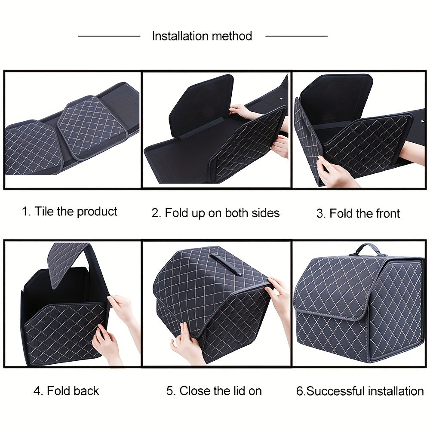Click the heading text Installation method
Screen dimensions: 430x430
pos(202,36)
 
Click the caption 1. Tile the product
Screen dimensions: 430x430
pos(69,212)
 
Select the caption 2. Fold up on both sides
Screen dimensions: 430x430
pos(215,213)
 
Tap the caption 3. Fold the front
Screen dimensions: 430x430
pos(358,213)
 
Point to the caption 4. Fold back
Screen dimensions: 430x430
pos(66,391)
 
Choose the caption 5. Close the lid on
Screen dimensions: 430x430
pos(214,391)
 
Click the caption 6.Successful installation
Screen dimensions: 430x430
pos(360,391)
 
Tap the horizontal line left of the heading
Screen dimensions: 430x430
pos(109,36)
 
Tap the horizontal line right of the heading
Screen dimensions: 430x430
pos(296,36)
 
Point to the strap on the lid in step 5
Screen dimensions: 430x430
pos(226,264)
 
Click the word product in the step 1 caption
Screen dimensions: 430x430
pos(97,212)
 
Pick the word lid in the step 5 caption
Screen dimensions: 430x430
pos(238,391)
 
